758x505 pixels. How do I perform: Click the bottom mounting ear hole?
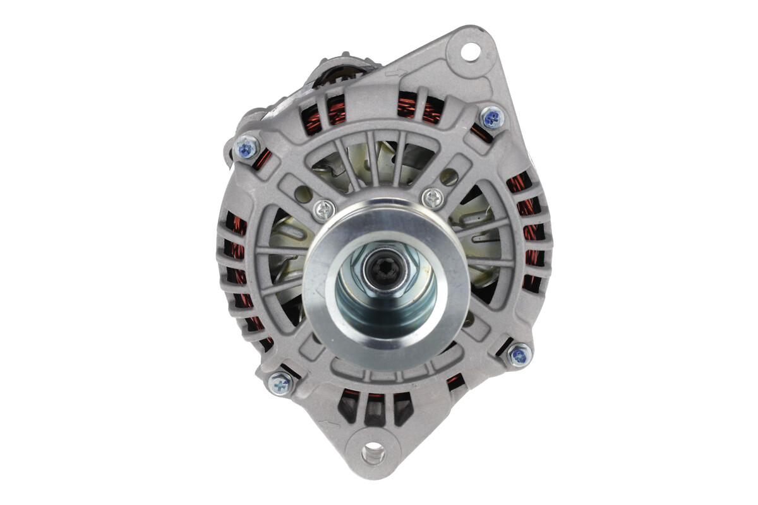tap(373, 451)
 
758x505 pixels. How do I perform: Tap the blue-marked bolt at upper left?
tap(247, 148)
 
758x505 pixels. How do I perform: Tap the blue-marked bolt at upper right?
tap(491, 117)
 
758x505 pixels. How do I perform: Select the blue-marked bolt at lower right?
tap(519, 355)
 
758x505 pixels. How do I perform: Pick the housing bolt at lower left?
tap(280, 383)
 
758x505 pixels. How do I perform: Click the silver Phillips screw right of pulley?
tap(433, 198)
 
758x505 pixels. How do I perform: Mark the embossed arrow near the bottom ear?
tap(334, 424)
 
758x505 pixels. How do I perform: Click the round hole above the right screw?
tap(448, 177)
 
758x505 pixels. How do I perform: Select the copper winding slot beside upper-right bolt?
tap(481, 134)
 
